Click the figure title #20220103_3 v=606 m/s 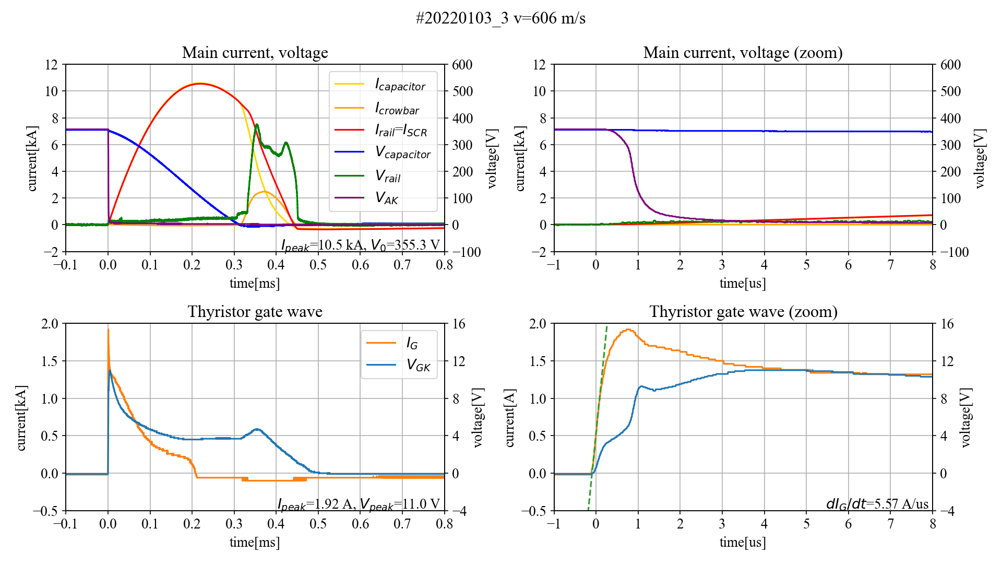point(500,18)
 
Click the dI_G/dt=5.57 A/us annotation point(877,504)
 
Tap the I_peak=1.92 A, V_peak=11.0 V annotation point(359,504)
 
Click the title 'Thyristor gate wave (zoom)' point(743,312)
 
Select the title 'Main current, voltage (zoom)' point(743,53)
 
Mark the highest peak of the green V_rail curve point(257,125)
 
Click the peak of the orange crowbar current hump point(265,192)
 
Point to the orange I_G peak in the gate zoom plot point(628,330)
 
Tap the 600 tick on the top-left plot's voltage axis point(462,65)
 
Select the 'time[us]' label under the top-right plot point(743,283)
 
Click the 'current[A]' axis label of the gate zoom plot point(509,417)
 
